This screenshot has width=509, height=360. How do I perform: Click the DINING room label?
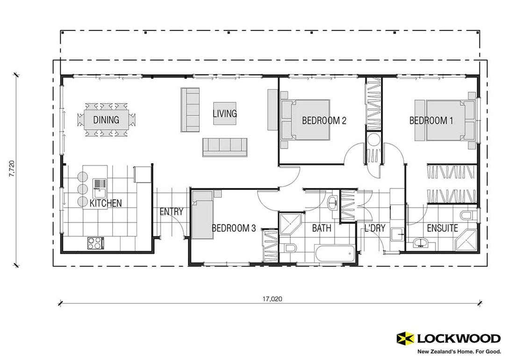pos(106,120)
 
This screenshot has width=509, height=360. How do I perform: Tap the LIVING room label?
pos(225,114)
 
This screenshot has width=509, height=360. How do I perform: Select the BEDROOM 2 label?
pos(324,121)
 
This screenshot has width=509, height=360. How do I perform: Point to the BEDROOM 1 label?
pos(431,121)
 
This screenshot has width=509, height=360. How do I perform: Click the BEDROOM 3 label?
pos(234,228)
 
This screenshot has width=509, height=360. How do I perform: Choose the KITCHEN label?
pos(106,203)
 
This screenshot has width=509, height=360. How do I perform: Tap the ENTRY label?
pos(172,212)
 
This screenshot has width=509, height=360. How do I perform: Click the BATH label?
pos(322,228)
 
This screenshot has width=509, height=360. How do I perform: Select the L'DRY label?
pos(374,228)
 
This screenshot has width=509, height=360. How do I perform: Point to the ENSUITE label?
pos(442,228)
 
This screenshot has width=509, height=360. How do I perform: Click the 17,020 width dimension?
pos(272,299)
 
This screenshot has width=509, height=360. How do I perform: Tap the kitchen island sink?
pos(100,188)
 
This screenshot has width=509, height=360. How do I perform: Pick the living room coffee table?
pos(225,113)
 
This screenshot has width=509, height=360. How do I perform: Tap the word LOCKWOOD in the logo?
pos(458,338)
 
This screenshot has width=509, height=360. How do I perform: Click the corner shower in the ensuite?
pos(466,240)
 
